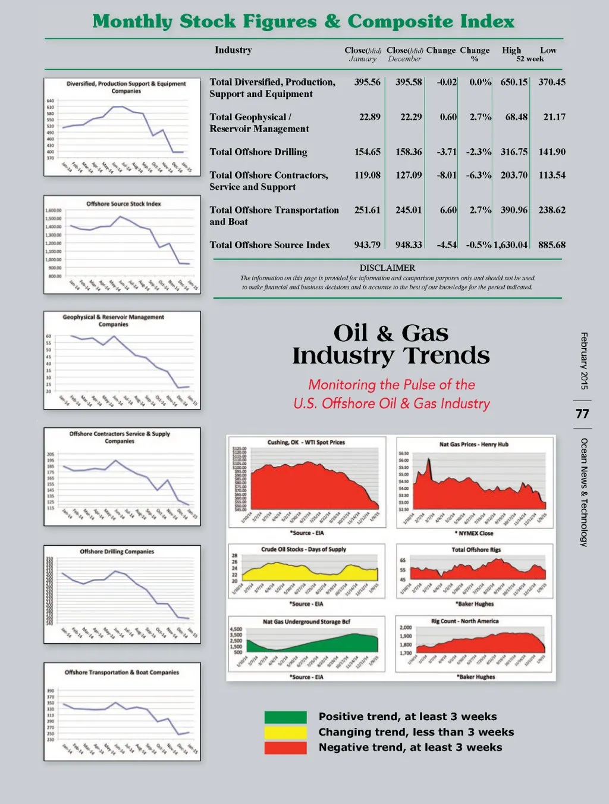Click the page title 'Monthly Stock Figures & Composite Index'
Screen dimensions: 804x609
(x=303, y=21)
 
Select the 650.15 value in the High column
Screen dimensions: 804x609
(x=514, y=82)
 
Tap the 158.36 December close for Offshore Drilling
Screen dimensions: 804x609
(x=409, y=152)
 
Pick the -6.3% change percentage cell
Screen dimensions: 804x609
(x=478, y=175)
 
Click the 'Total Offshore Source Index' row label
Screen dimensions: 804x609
(x=269, y=245)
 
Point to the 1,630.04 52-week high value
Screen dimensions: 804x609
(x=510, y=245)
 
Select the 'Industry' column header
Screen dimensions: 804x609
(x=233, y=50)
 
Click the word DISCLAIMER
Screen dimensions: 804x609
(x=387, y=268)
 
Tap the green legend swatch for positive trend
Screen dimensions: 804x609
(x=285, y=717)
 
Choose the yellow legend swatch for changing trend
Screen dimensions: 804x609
(x=285, y=733)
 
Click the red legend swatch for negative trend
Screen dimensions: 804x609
(x=285, y=748)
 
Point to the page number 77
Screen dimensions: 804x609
(x=583, y=414)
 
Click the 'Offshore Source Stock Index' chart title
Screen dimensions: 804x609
(x=124, y=204)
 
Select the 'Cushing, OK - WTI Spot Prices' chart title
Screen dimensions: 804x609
(x=306, y=442)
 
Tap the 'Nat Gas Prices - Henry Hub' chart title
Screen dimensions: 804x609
(x=473, y=444)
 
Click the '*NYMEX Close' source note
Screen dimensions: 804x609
(x=474, y=533)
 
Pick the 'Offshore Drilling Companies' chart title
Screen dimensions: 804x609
(x=117, y=552)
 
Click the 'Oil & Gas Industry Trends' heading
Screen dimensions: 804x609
(x=391, y=344)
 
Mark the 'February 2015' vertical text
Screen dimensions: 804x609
(x=584, y=361)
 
